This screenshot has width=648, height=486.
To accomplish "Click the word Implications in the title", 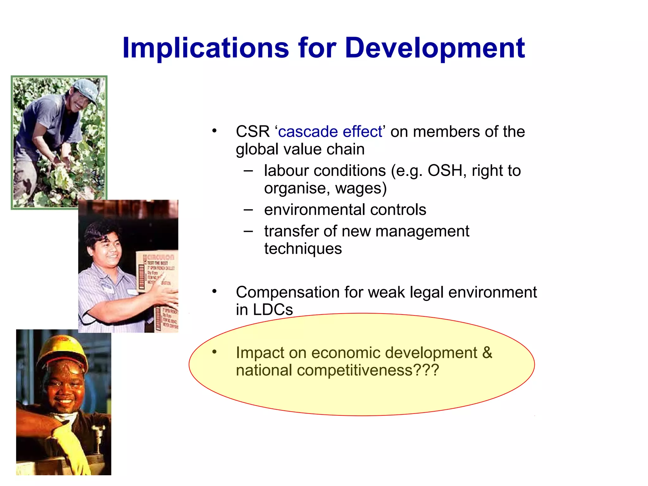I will click(206, 48).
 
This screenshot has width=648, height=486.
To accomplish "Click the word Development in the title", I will click(435, 48).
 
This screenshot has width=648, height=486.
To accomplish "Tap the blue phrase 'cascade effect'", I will click(330, 132).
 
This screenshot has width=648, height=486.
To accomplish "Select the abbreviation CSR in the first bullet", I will click(252, 132).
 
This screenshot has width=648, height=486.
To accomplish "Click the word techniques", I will click(303, 249).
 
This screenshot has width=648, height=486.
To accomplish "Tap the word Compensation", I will click(287, 292).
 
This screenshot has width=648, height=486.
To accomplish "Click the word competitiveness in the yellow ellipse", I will click(354, 370).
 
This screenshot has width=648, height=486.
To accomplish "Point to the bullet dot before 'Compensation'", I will click(215, 291).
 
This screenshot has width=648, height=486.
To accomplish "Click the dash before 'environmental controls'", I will click(248, 209).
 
